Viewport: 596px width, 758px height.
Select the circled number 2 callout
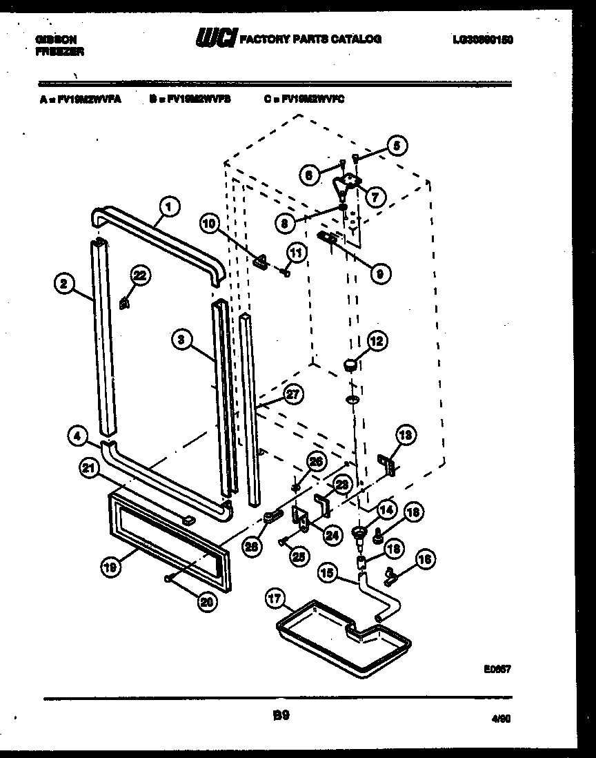[63, 282]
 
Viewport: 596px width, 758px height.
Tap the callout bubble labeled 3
[180, 339]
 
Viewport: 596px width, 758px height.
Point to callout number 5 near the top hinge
[396, 145]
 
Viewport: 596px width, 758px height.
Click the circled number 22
[140, 275]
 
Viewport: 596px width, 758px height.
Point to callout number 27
[294, 395]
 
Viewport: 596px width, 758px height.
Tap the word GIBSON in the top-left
[56, 39]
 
